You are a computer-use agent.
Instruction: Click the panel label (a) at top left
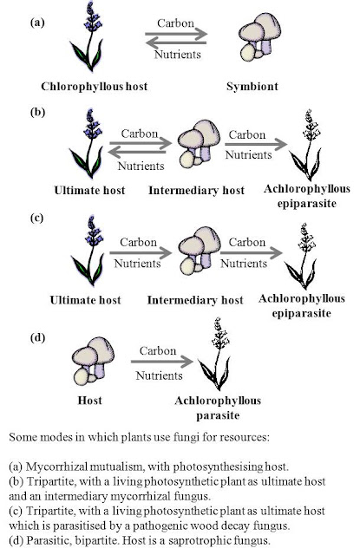37,23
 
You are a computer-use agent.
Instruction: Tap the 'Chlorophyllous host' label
95,87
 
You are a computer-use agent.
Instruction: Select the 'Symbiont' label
252,87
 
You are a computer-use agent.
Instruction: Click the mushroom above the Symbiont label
259,36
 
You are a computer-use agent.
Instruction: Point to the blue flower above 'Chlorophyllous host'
88,36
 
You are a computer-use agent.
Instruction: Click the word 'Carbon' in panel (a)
175,23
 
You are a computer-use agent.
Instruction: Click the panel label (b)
37,112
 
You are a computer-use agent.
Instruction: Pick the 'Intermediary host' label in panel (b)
196,191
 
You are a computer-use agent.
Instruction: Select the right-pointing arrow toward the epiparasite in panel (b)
256,144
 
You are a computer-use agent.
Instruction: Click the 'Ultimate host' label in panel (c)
85,300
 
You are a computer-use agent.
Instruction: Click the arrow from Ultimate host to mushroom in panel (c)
141,252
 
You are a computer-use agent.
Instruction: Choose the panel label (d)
37,337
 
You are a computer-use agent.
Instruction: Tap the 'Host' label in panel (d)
90,401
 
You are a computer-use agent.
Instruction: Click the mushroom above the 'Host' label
93,361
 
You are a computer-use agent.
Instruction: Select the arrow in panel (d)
162,362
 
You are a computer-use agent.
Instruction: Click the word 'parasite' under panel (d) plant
218,415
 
